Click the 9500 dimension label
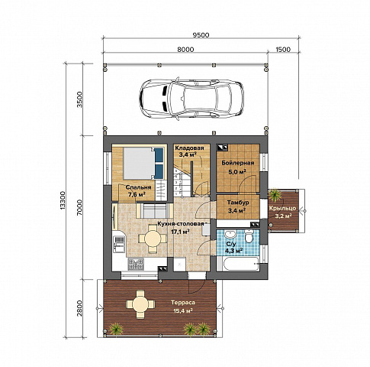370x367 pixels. [x=201, y=35]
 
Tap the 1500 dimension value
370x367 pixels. [x=283, y=50]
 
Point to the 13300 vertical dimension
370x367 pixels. [x=63, y=201]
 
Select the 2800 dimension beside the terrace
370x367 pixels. [x=79, y=308]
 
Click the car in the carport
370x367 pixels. [x=191, y=99]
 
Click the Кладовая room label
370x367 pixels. [x=189, y=148]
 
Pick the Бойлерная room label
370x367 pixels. [x=238, y=163]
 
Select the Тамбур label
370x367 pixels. [x=238, y=203]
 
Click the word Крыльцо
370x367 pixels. [x=282, y=208]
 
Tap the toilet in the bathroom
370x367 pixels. [x=249, y=236]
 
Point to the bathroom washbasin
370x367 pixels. [x=230, y=234]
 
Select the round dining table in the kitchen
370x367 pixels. [x=153, y=239]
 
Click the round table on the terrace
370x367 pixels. [x=140, y=304]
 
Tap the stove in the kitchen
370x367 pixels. [x=136, y=265]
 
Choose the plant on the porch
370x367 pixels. [x=275, y=196]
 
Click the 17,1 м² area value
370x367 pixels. [x=181, y=232]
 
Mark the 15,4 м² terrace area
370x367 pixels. [x=183, y=311]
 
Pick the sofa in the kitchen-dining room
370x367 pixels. [x=155, y=210]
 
